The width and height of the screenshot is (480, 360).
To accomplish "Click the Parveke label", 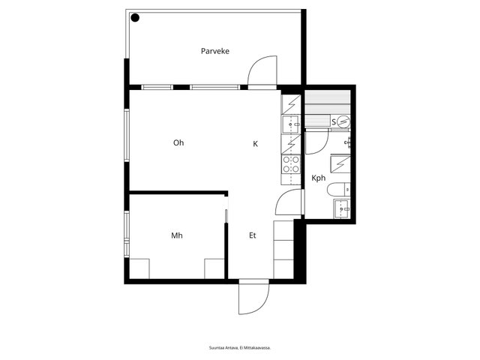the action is point(215,51).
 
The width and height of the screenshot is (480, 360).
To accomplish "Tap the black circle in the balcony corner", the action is point(135,18).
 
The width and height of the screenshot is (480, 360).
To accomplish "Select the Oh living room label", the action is point(178,142).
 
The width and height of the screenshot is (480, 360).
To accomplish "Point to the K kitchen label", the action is point(255,143).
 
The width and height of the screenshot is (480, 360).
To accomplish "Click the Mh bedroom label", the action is point(177,235).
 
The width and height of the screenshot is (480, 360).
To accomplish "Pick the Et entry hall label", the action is point(253,235).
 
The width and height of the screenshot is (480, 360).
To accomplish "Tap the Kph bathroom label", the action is point(318,178).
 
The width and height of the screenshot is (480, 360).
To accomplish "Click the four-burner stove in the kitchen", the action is point(291,164).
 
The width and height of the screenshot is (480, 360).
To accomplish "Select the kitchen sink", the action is point(291,124).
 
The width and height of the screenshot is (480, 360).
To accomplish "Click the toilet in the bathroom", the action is point(338,190).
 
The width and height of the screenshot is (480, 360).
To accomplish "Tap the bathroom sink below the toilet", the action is point(342,208).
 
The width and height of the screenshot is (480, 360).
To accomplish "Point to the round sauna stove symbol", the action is point(343,122).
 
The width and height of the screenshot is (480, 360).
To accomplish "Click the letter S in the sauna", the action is point(334,122).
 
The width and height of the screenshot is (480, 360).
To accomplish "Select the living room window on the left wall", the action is point(127,135).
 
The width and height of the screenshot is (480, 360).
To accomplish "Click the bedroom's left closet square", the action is point(139,268).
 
